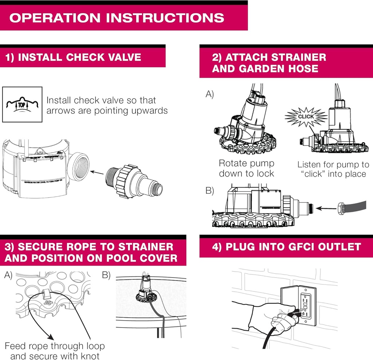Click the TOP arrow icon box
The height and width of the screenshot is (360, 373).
(x=22, y=104)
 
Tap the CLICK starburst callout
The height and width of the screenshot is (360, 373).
(x=305, y=116)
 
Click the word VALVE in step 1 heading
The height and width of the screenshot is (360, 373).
(x=123, y=57)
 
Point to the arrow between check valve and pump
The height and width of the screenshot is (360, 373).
(x=97, y=171)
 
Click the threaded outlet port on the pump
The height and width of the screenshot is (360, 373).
(x=79, y=167)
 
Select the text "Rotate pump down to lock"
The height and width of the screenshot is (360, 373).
(x=246, y=169)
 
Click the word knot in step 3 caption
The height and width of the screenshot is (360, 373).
(x=90, y=356)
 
